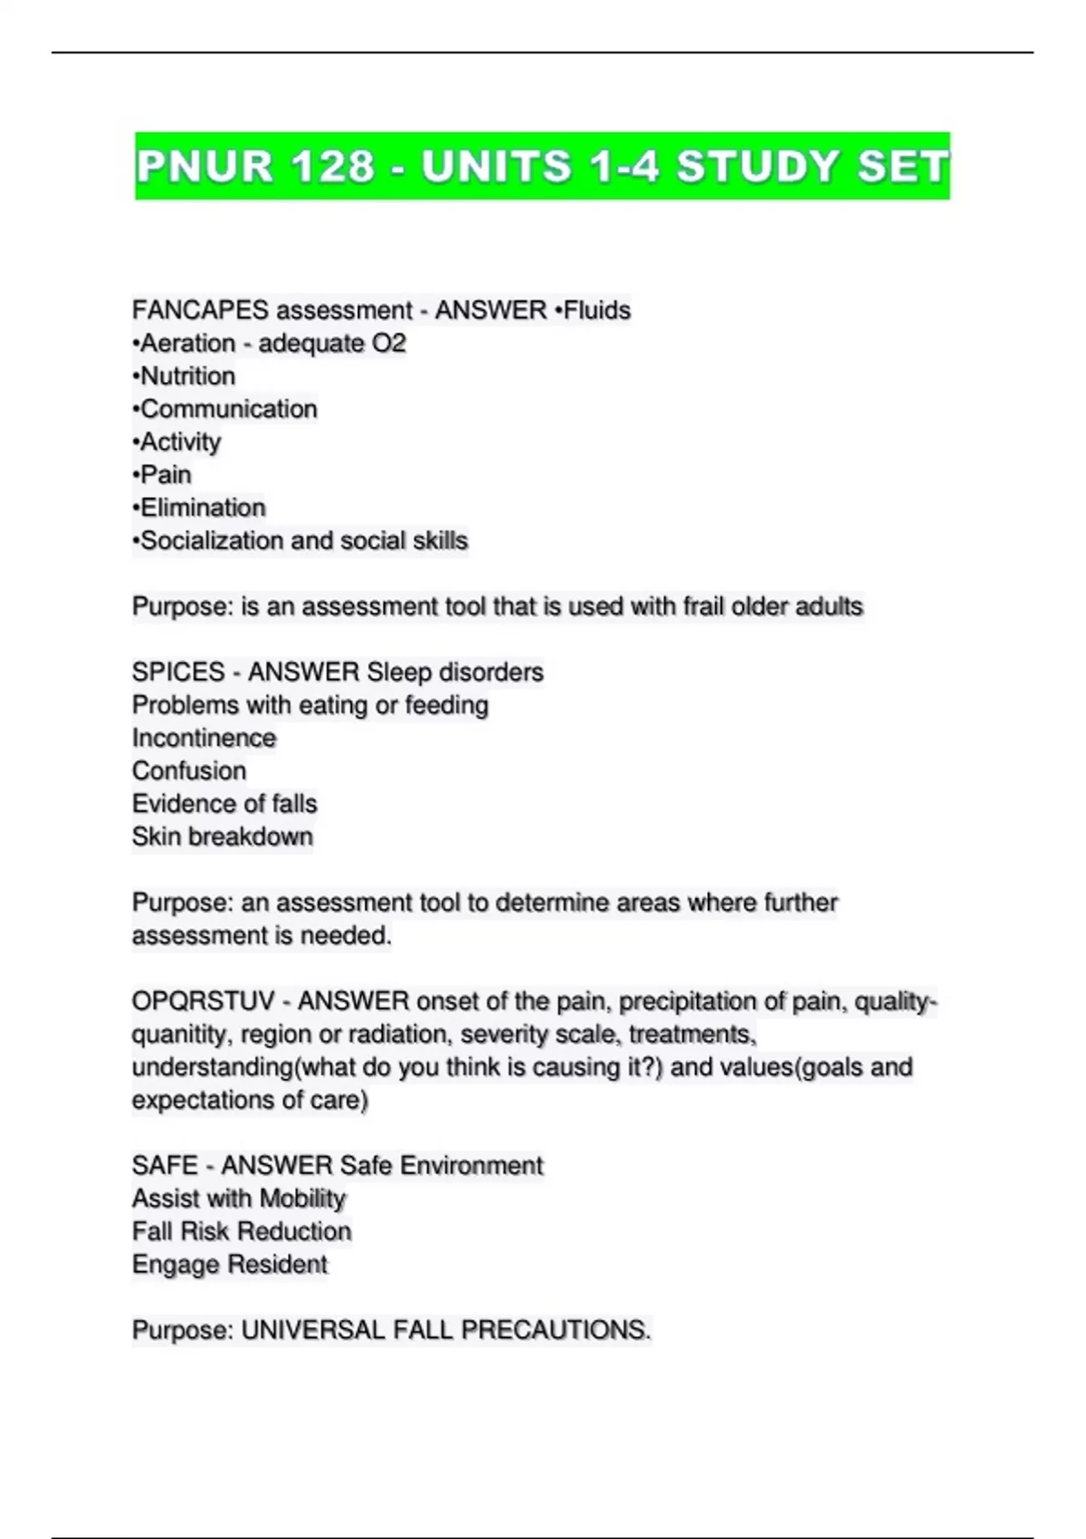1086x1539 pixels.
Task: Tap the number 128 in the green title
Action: pyautogui.click(x=333, y=167)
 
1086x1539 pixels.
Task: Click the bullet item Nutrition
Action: pyautogui.click(x=187, y=377)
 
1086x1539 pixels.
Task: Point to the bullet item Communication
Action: pyautogui.click(x=228, y=409)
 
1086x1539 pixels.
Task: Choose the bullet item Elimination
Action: pyautogui.click(x=203, y=508)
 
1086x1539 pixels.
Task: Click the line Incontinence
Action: pyautogui.click(x=204, y=738)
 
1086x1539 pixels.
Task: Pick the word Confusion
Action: pyautogui.click(x=189, y=771)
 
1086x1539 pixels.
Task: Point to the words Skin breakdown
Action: pyautogui.click(x=223, y=837)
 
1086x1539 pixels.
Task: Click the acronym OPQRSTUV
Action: pyautogui.click(x=203, y=1001)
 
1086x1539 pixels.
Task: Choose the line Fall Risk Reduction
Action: pyautogui.click(x=242, y=1232)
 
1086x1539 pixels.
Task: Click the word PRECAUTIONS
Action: pyautogui.click(x=556, y=1331)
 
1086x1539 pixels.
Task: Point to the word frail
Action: pyautogui.click(x=704, y=607)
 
